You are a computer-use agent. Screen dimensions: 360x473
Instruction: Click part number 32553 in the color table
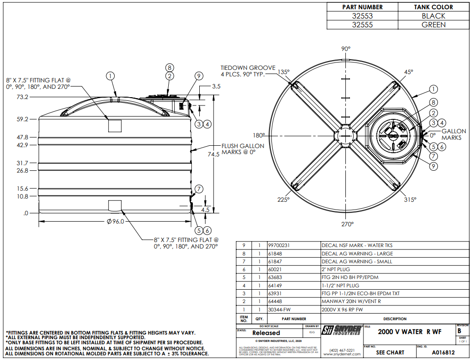point(362,16)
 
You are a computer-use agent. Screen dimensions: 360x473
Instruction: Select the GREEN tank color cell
point(433,25)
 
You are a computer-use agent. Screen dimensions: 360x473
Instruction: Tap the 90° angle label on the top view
point(346,49)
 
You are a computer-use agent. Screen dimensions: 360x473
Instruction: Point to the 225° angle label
point(283,199)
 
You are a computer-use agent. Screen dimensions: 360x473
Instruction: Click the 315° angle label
point(410,199)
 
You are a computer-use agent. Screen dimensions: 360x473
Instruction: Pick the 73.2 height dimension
point(22,97)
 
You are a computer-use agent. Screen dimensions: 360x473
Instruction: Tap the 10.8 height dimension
point(22,197)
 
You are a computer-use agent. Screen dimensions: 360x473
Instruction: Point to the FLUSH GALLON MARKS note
point(243,149)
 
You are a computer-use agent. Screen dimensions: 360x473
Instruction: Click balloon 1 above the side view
point(110,75)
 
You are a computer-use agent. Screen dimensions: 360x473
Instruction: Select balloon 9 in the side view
point(198,76)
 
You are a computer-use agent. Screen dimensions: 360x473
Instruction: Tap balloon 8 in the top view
point(433,102)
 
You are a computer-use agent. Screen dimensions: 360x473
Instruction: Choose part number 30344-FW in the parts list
point(279,310)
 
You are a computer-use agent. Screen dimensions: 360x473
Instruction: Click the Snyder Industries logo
point(342,330)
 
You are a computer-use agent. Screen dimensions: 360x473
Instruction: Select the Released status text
point(266,333)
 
